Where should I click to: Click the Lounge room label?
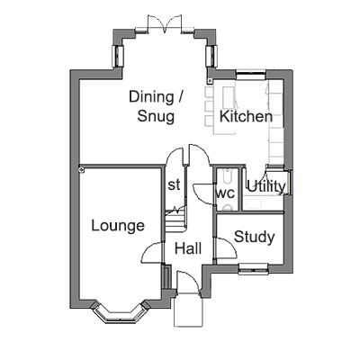[118, 226]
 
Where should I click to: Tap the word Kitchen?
[246, 116]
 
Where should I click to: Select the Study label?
[255, 238]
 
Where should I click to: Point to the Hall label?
[188, 248]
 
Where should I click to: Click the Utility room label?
[266, 187]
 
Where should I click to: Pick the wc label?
[225, 193]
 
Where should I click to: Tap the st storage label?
[174, 184]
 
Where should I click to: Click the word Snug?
[156, 116]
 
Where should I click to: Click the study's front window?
[254, 269]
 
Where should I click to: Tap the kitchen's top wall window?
[251, 75]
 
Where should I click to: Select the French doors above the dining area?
[165, 23]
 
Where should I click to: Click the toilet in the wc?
[228, 207]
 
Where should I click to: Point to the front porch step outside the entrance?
[188, 310]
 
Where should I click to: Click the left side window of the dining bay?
[118, 56]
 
